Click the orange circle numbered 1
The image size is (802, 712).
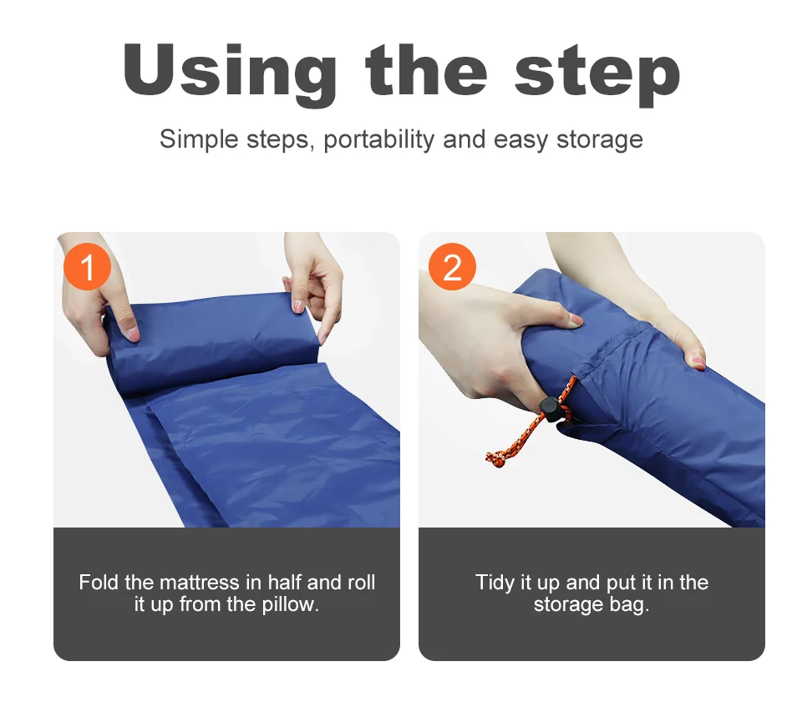[87, 267]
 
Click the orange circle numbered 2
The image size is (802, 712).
[452, 267]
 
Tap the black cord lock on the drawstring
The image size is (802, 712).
[551, 408]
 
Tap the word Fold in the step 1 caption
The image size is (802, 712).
[98, 582]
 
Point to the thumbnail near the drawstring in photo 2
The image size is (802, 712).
[576, 319]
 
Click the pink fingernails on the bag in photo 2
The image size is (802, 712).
[695, 361]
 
